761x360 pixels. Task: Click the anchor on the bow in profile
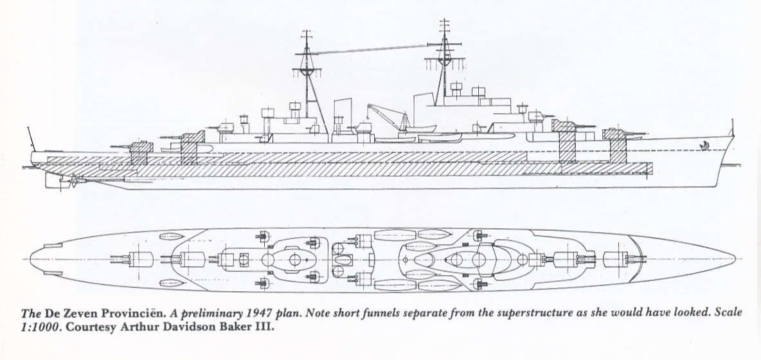(x=702, y=145)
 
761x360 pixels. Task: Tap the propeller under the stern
(x=73, y=181)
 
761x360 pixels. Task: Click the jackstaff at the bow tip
(x=732, y=127)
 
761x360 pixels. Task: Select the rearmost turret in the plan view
(x=132, y=260)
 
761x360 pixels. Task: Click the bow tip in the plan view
(x=735, y=259)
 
